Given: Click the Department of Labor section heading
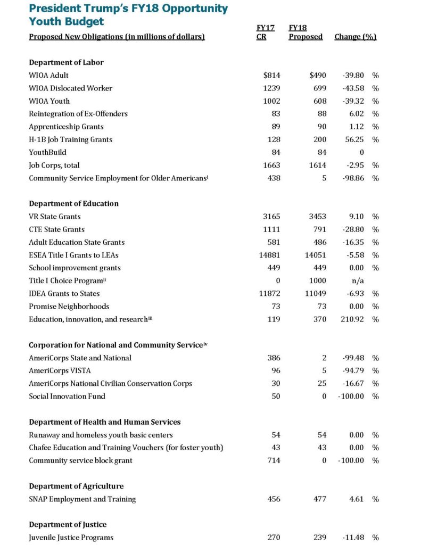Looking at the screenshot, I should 66,62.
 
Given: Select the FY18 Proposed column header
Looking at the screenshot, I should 305,32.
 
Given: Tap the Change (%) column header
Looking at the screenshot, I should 355,37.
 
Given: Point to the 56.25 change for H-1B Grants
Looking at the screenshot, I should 354,139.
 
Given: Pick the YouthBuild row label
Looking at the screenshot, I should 48,152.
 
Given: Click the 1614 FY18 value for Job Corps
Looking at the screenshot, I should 315,165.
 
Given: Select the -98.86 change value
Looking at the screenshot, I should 352,178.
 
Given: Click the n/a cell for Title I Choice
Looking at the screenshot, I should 357,280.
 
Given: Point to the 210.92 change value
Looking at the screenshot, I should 352,319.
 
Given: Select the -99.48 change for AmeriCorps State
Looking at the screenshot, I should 352,358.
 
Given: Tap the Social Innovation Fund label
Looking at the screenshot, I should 67,396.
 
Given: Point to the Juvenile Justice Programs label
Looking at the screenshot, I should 71,538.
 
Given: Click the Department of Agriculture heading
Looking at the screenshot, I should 76,486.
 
